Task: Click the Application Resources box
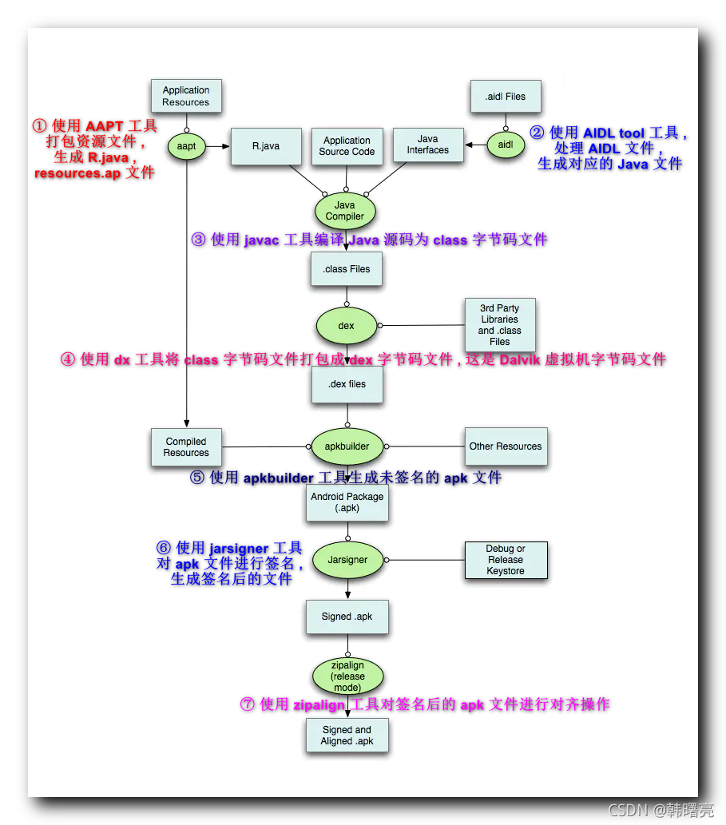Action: [x=186, y=97]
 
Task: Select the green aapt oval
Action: [x=186, y=146]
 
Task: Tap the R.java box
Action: [x=266, y=146]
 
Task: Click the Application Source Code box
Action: [x=347, y=146]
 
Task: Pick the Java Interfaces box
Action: [x=428, y=145]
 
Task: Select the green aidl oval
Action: [x=505, y=145]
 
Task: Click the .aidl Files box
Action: [x=505, y=97]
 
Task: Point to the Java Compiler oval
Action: [x=345, y=211]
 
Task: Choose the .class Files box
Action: [x=347, y=269]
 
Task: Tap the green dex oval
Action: [x=347, y=326]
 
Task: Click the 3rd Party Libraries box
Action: [x=500, y=324]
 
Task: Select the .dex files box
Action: [x=347, y=384]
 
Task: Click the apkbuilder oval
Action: [x=347, y=446]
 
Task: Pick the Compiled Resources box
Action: [x=186, y=447]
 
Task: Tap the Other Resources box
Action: [x=506, y=446]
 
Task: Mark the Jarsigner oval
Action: [x=347, y=560]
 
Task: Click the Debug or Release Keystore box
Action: [x=506, y=560]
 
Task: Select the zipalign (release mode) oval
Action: [x=347, y=676]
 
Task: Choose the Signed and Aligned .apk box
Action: [x=347, y=736]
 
